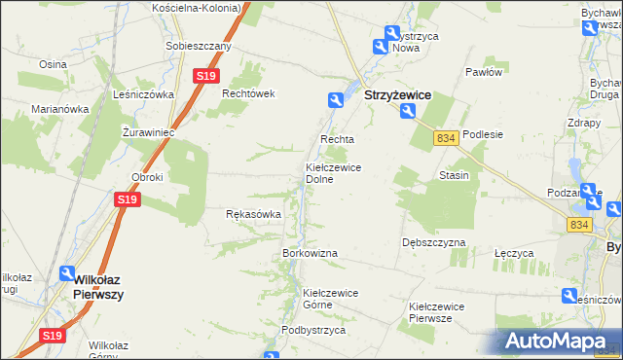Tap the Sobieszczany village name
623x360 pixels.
[x=198, y=46]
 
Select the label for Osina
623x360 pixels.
[x=52, y=63]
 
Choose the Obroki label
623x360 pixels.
[x=147, y=177]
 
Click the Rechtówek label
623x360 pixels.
[x=250, y=93]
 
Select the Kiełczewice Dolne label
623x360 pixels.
[x=334, y=173]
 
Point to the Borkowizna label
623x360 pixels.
[x=310, y=253]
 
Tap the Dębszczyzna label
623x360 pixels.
[x=433, y=242]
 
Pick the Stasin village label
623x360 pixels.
[x=454, y=176]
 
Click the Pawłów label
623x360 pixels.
[x=483, y=72]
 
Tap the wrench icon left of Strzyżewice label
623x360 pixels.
[x=335, y=99]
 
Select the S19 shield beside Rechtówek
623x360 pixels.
[x=204, y=76]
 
